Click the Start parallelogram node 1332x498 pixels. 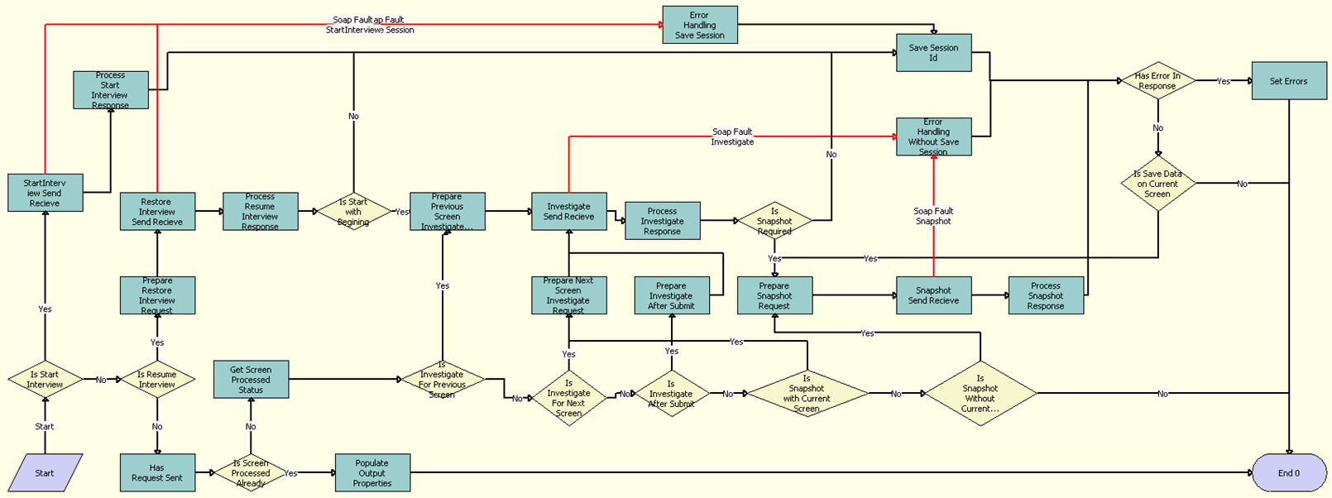tap(45, 472)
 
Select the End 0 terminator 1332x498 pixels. tap(1288, 472)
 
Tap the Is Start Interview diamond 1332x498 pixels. tap(45, 380)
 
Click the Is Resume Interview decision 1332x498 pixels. tap(157, 380)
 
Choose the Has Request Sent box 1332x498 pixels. tap(157, 472)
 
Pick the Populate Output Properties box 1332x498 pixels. tap(372, 472)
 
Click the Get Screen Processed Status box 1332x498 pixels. tap(251, 380)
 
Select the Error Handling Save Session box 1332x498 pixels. tap(699, 25)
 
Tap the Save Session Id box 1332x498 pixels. tap(933, 53)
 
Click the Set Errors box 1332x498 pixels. tap(1288, 81)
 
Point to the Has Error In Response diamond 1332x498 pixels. tap(1157, 81)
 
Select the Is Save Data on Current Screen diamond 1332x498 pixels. tap(1157, 184)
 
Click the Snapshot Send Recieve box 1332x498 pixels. tap(933, 295)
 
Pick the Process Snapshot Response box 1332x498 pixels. tap(1046, 295)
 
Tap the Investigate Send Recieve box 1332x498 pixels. tap(568, 211)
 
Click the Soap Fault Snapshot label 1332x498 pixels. tap(933, 216)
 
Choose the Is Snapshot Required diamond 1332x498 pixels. tap(774, 221)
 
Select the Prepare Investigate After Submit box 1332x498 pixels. tap(671, 295)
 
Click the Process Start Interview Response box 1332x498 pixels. tap(110, 90)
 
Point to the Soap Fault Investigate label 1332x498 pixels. tap(732, 136)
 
